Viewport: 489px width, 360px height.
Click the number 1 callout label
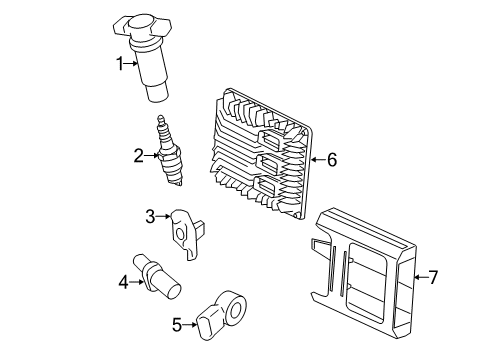point(121,63)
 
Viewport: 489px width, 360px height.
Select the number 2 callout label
point(139,154)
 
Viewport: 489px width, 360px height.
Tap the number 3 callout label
point(149,215)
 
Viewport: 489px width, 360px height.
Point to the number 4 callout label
point(124,283)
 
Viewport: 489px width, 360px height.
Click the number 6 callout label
point(332,158)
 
